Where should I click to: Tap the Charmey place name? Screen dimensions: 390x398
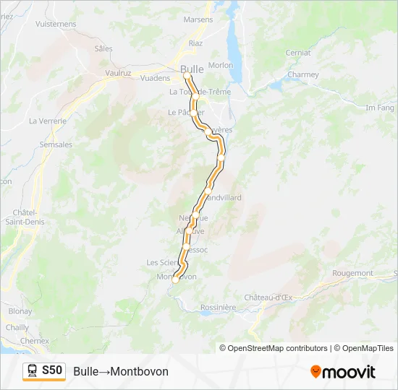point(302,74)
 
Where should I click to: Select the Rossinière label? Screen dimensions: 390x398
point(219,307)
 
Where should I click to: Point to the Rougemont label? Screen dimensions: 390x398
point(352,273)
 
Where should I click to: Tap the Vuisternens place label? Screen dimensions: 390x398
point(56,24)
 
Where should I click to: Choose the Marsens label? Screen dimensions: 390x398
point(199,19)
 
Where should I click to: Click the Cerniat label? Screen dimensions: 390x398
point(297,53)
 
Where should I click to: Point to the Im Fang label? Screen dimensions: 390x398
point(380,108)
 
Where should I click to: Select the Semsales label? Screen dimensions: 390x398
point(56,144)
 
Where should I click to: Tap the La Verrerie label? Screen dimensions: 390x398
point(48,121)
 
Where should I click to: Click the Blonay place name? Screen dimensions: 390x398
point(20,311)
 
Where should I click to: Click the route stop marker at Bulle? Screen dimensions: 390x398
point(187,75)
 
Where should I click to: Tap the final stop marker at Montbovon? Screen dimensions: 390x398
point(175,280)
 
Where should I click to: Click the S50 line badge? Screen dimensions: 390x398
point(52,370)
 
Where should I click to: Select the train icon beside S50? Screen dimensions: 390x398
point(33,371)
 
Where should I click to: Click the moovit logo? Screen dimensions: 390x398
point(343,372)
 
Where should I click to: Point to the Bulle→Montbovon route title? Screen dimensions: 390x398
point(121,371)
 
